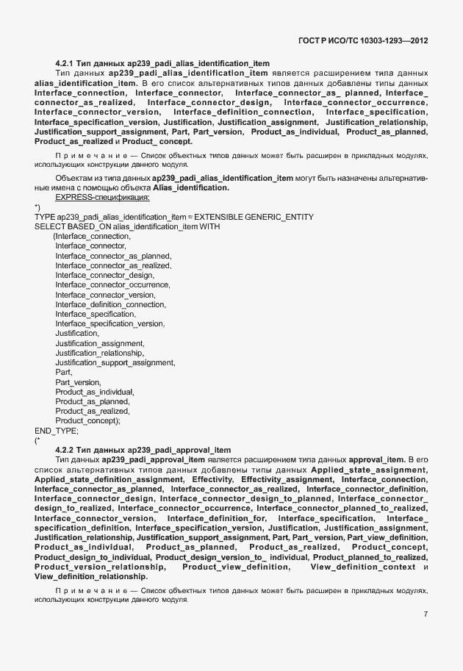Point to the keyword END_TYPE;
point(56,431)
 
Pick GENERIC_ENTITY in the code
point(280,216)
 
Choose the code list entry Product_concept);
point(87,420)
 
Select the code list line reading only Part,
point(64,372)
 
